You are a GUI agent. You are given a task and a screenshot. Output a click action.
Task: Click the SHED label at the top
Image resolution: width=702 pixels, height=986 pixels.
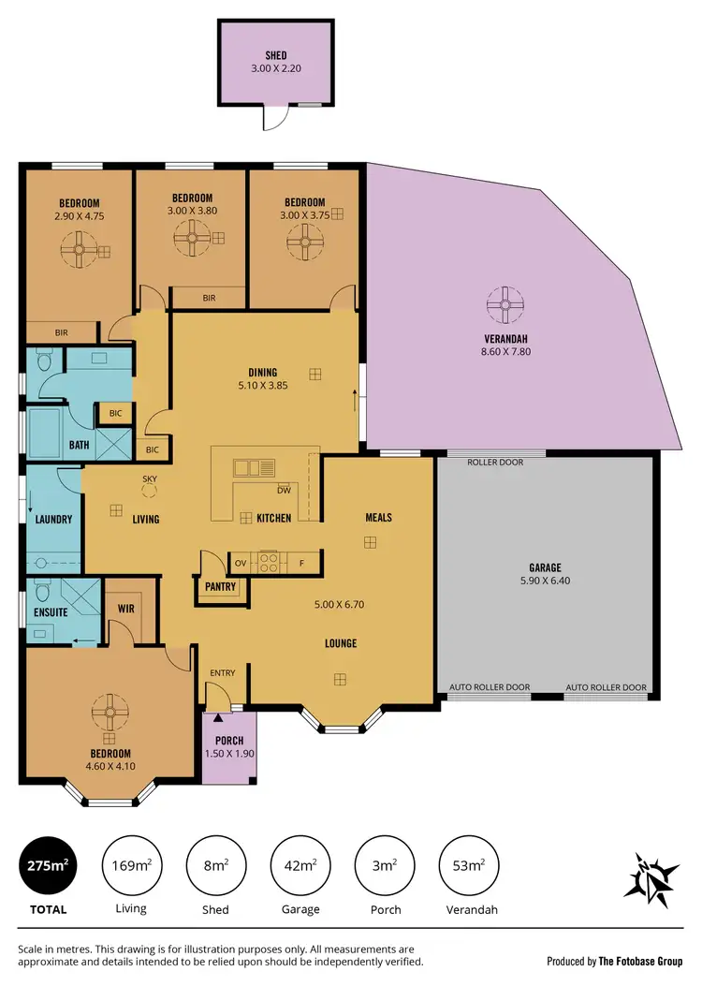click(x=276, y=55)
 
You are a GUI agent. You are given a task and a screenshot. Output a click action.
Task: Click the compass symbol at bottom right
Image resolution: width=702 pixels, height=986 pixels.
click(x=651, y=877)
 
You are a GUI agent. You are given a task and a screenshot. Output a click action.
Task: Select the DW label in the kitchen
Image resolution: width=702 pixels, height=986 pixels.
click(x=284, y=490)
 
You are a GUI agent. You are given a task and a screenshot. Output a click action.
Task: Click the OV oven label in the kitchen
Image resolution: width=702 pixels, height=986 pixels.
click(x=240, y=563)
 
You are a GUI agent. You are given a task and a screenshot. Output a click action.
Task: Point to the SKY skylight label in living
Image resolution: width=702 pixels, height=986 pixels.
click(x=149, y=478)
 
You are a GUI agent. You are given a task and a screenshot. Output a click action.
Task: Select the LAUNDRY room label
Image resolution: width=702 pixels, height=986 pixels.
click(x=53, y=518)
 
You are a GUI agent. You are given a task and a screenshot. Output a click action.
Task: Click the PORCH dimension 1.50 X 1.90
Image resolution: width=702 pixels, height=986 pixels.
click(x=229, y=754)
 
